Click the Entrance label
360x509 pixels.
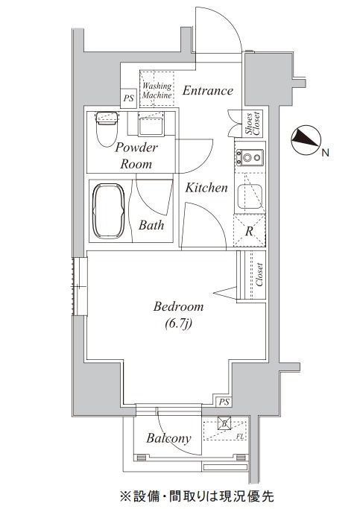point(208,90)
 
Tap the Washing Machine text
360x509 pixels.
point(157,91)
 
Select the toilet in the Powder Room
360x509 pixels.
point(106,129)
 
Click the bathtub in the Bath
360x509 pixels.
point(109,212)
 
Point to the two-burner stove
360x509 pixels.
point(250,158)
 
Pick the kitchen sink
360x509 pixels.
point(249,197)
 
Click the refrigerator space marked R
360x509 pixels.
point(249,231)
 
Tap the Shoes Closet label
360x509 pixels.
point(253,124)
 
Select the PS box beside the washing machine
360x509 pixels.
point(128,98)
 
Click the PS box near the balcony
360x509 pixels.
point(224,402)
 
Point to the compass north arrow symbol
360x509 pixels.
point(306,140)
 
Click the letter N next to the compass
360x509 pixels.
point(325,153)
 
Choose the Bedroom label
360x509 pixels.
point(179,306)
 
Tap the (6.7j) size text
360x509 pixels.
point(178,323)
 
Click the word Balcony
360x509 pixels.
point(168,438)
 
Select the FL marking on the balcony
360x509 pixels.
point(240,437)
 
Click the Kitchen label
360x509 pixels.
point(206,188)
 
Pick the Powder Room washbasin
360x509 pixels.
point(151,126)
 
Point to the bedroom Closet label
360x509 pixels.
point(259,275)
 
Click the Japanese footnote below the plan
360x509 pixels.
point(197,496)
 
